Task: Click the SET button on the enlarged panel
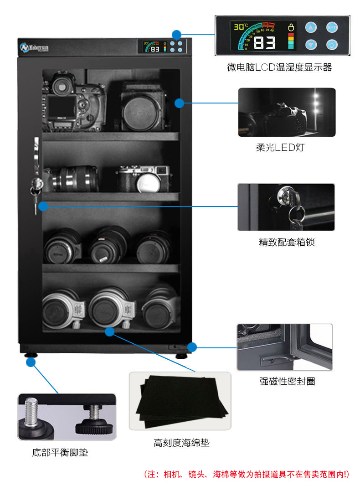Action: click(x=332, y=27)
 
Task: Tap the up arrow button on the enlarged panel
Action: click(x=311, y=27)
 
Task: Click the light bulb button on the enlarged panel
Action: click(x=332, y=45)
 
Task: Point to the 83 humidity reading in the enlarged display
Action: click(x=264, y=43)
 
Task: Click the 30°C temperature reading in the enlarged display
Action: click(x=241, y=27)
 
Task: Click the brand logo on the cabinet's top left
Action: click(x=34, y=47)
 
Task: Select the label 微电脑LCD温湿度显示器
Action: click(x=279, y=67)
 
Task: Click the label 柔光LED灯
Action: click(x=286, y=148)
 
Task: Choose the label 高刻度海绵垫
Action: click(x=181, y=443)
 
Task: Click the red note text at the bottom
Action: click(x=247, y=474)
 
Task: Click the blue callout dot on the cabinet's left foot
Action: click(x=31, y=362)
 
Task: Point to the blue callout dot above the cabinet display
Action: click(x=176, y=34)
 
